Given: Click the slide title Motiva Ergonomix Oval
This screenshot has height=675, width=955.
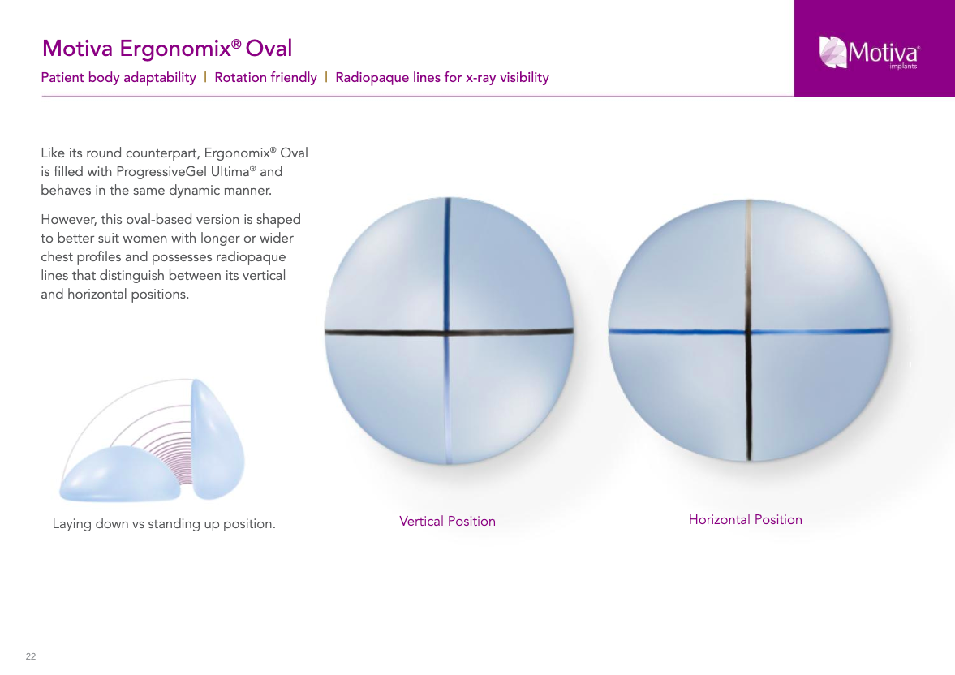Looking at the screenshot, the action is click(x=167, y=49).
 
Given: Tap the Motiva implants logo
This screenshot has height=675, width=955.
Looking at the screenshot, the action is click(x=869, y=52).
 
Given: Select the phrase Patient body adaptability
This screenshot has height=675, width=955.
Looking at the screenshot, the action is click(x=118, y=78).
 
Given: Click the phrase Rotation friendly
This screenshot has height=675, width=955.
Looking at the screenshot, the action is click(x=265, y=78).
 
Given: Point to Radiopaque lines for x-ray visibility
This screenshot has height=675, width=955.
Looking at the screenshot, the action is click(x=442, y=78).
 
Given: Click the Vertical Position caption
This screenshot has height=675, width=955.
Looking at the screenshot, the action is click(x=448, y=522).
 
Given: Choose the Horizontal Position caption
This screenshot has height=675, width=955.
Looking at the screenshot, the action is click(x=746, y=520).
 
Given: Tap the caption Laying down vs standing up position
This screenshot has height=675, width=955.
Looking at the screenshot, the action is click(x=164, y=524).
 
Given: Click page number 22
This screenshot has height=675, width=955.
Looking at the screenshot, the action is click(x=31, y=656).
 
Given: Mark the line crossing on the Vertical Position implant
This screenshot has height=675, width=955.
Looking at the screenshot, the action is click(x=447, y=333).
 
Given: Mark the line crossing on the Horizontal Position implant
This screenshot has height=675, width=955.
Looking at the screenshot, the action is click(x=749, y=332).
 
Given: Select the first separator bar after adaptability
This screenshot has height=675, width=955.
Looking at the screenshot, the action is click(x=205, y=77).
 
